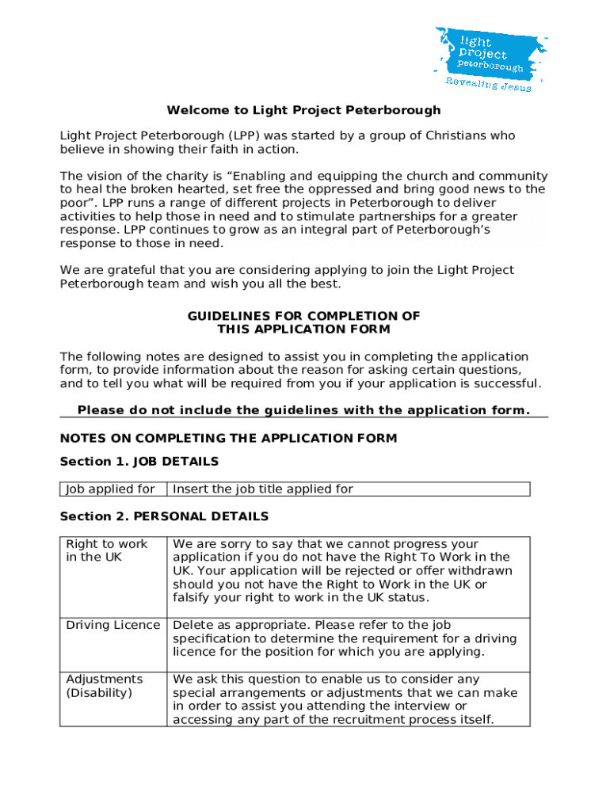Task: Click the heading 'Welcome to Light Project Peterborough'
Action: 303,110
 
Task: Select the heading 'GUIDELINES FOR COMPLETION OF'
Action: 303,316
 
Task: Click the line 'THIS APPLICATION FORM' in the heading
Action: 303,329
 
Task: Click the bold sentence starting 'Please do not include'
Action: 303,410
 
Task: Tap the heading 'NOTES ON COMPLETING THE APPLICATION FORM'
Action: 228,438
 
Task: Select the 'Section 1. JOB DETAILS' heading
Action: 139,462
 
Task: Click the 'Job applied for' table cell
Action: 110,489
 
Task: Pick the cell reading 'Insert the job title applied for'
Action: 263,489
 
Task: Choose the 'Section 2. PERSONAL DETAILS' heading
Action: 164,516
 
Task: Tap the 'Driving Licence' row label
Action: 112,625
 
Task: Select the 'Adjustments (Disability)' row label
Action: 104,686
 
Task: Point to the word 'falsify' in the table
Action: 193,597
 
